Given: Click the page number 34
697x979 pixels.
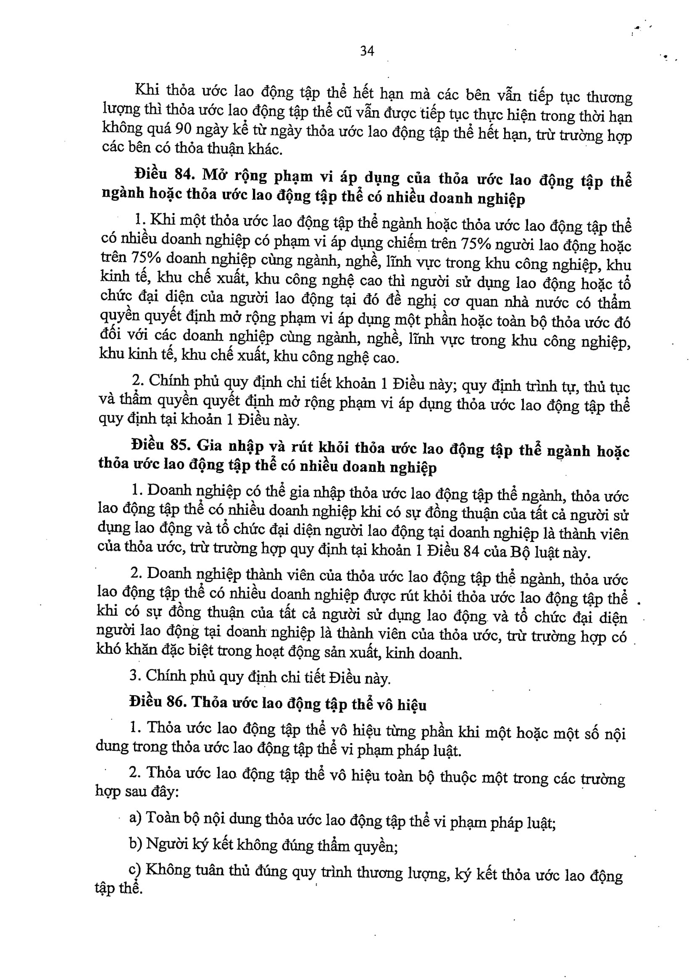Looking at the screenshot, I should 367,52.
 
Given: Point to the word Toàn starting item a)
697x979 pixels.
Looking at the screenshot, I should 163,818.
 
